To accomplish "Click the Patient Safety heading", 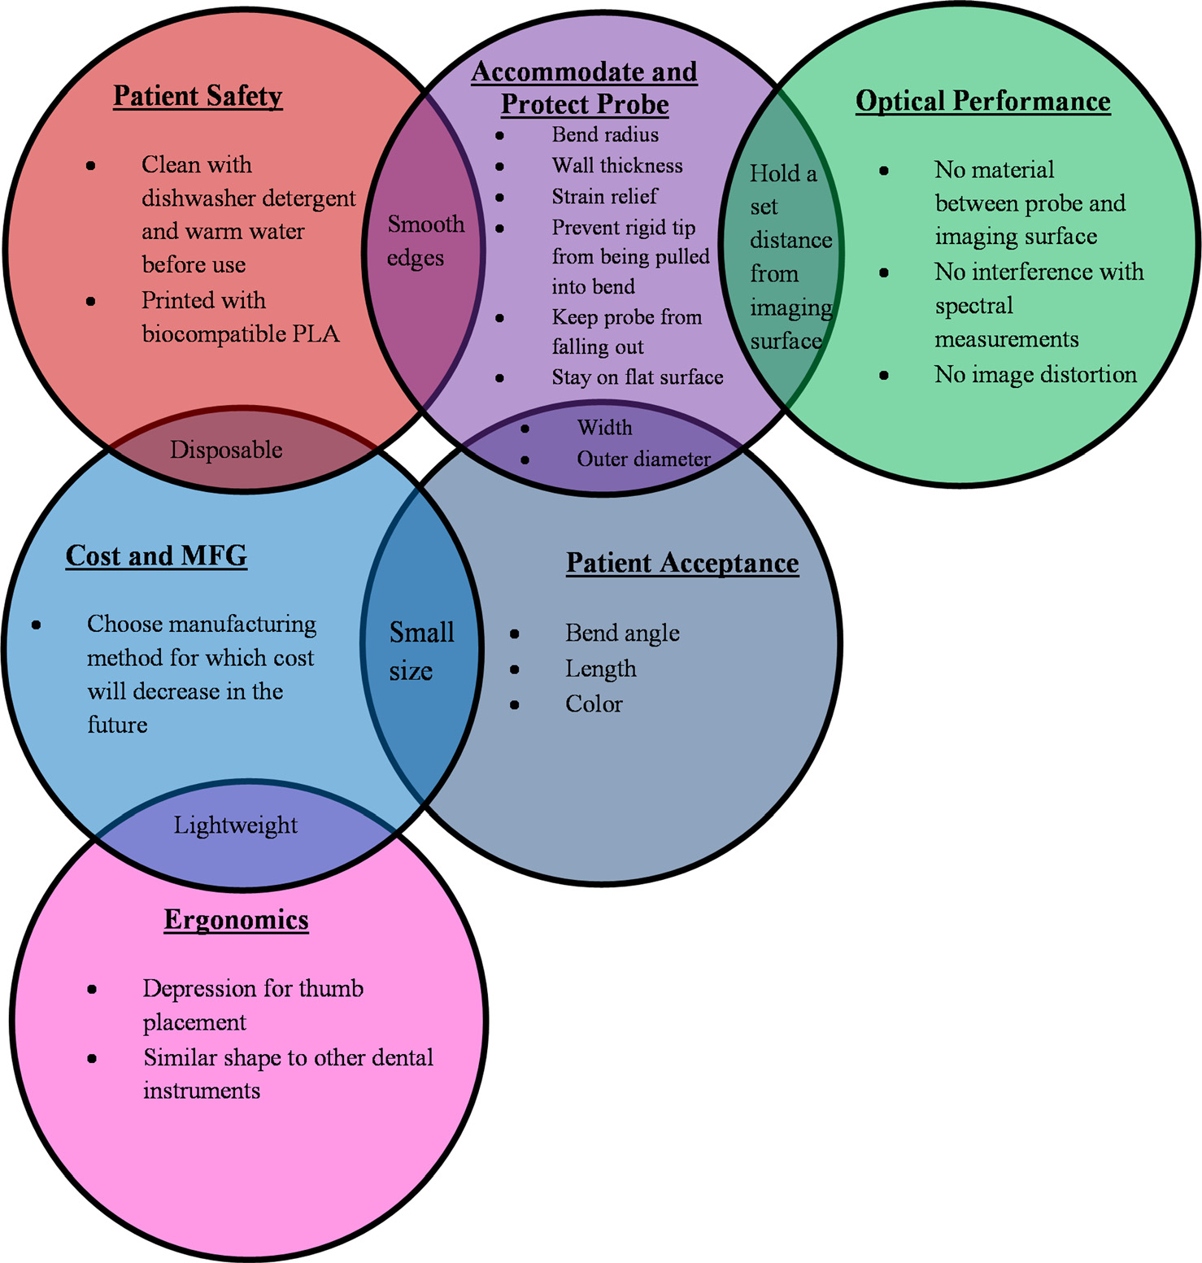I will tap(198, 96).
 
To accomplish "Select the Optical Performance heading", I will tap(982, 101).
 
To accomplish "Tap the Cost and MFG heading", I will tap(156, 556).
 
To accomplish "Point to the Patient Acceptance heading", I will tap(682, 563).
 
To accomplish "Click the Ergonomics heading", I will tap(237, 920).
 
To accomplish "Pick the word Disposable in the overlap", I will tap(226, 450).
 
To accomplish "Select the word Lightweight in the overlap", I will tap(236, 825).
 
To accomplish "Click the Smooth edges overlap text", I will tap(425, 241).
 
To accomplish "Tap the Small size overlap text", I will tap(420, 651).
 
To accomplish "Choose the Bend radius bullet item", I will tap(605, 134).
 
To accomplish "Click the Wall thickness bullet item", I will tap(617, 166).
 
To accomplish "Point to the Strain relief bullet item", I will tap(604, 197).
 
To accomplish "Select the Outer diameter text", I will tap(643, 459).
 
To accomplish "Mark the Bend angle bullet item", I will tap(622, 633).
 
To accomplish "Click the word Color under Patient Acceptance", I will tap(594, 704).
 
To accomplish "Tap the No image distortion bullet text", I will tap(1035, 375).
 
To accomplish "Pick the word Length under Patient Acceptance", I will tap(601, 669).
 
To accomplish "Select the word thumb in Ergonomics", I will tap(331, 989).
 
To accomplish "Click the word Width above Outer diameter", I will tap(604, 428).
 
